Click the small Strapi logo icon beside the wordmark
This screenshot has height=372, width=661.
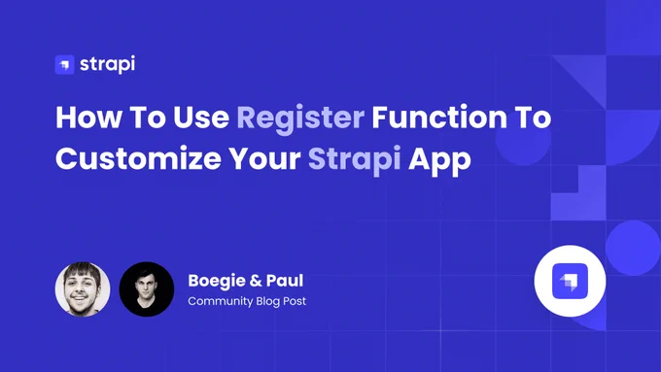pos(64,64)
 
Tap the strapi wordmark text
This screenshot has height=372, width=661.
pos(108,64)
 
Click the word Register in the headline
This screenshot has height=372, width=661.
pos(300,118)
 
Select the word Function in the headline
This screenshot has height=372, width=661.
pos(439,117)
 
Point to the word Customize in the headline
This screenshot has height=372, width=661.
pos(138,159)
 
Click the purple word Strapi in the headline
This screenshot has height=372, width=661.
pos(354,160)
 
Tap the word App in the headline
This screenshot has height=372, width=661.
pos(439,161)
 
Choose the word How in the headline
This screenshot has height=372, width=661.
pos(88,118)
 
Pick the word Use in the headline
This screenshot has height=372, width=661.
pos(201,118)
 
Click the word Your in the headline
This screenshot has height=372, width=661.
pos(264,159)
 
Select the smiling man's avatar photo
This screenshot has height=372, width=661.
pos(83,289)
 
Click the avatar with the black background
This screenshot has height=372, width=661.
pos(147,289)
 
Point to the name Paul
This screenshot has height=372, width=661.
pos(285,281)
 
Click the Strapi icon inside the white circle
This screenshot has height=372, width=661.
pos(570,281)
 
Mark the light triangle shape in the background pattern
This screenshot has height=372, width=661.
pos(588,74)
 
